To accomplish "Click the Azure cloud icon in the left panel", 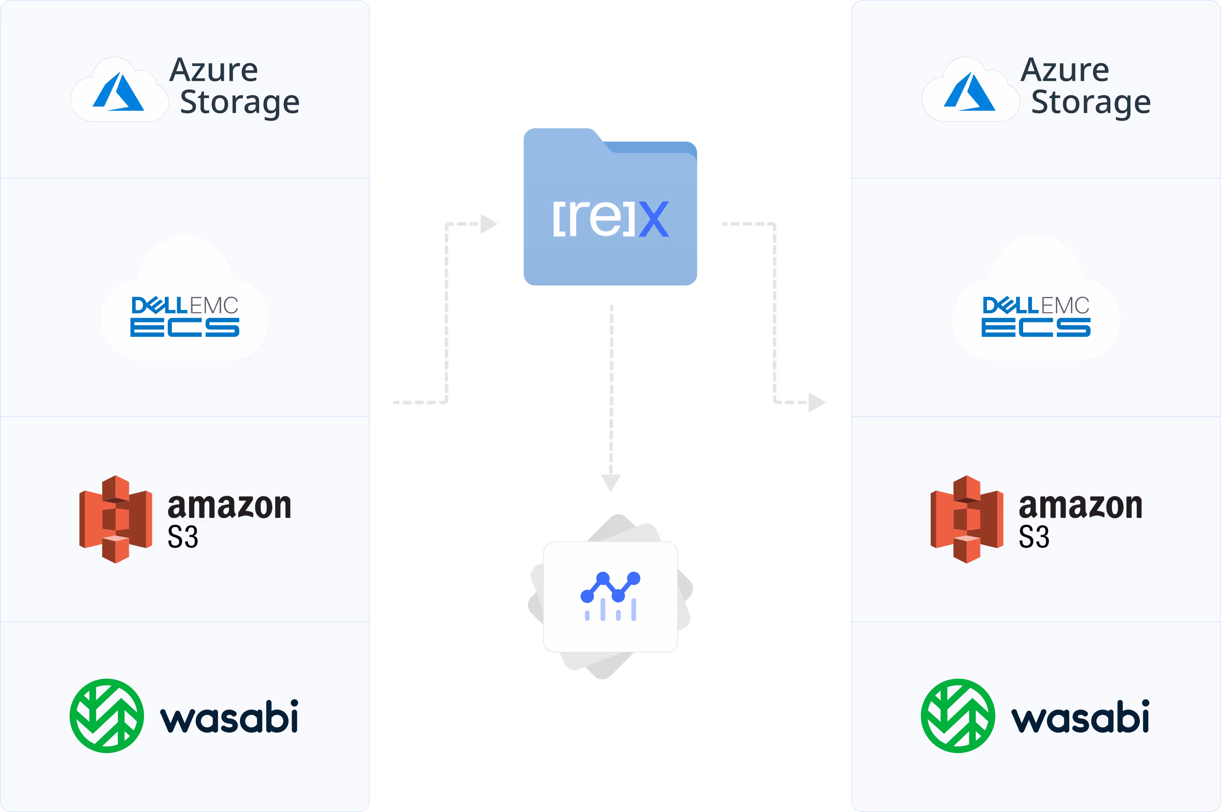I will [119, 91].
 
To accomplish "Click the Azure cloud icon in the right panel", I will [970, 91].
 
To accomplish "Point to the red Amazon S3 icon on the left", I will [116, 519].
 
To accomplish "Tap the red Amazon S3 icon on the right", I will [967, 519].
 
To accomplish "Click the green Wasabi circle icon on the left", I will [106, 715].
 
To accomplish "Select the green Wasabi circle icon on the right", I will [958, 715].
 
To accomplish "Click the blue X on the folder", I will [653, 219].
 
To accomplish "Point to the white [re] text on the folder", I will [593, 219].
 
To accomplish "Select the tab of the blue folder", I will [562, 136].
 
